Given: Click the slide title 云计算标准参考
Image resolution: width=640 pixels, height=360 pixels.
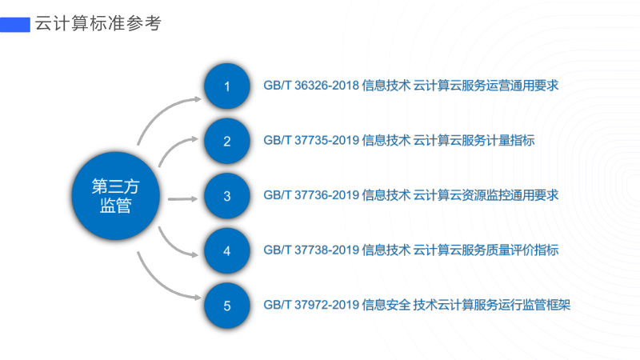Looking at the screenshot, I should click(x=98, y=24).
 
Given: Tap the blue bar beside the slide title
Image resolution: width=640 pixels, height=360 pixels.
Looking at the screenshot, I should click(x=15, y=24).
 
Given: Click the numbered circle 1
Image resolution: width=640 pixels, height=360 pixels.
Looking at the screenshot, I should click(x=227, y=86).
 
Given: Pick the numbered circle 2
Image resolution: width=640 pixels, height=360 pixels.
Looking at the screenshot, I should click(x=227, y=142).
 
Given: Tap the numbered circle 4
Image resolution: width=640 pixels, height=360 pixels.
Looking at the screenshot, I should click(x=227, y=250).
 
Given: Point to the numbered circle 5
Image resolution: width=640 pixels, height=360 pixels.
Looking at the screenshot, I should click(x=227, y=305).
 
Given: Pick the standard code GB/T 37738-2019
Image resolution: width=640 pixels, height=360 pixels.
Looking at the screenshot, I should click(x=310, y=250).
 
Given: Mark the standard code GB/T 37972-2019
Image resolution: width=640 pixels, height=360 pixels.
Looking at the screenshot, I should click(x=310, y=305).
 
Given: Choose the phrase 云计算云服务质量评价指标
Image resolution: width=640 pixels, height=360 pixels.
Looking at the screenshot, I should click(x=485, y=250).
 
